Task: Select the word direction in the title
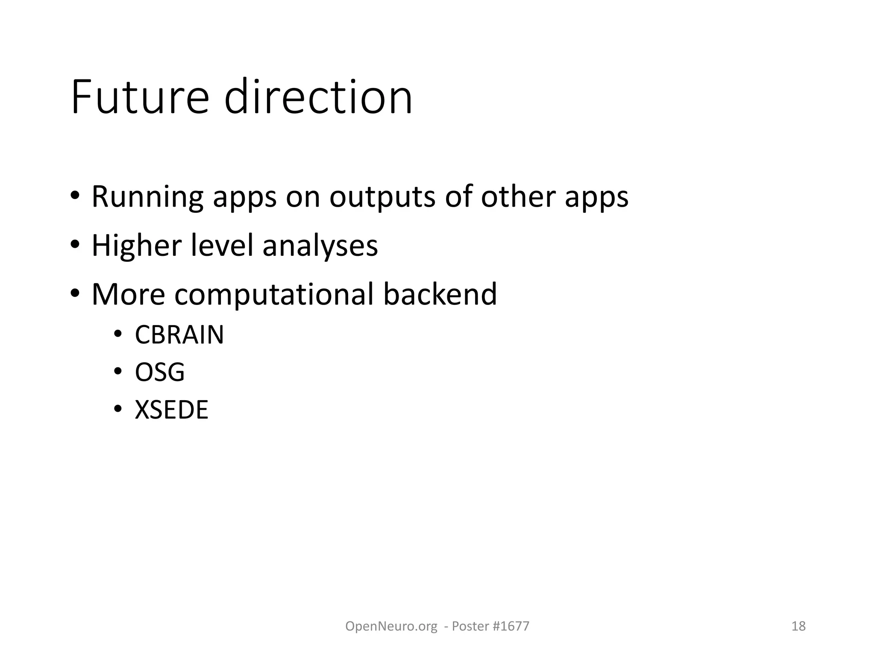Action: pyautogui.click(x=318, y=97)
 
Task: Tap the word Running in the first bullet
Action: pyautogui.click(x=147, y=197)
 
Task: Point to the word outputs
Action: pyautogui.click(x=382, y=197)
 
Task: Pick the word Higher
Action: pyautogui.click(x=136, y=246)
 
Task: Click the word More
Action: pyautogui.click(x=128, y=294)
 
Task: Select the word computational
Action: pyautogui.click(x=274, y=295)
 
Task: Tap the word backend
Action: pyautogui.click(x=440, y=294)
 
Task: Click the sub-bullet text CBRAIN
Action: pyautogui.click(x=179, y=335)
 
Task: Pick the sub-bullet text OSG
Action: pyautogui.click(x=160, y=372)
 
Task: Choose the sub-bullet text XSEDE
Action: pyautogui.click(x=171, y=410)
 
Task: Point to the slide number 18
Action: pyautogui.click(x=798, y=626)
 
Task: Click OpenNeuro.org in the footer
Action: pyautogui.click(x=391, y=626)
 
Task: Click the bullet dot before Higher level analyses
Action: pyautogui.click(x=75, y=245)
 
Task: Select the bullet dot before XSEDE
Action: pyautogui.click(x=118, y=409)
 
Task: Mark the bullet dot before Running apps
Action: pyautogui.click(x=75, y=196)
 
